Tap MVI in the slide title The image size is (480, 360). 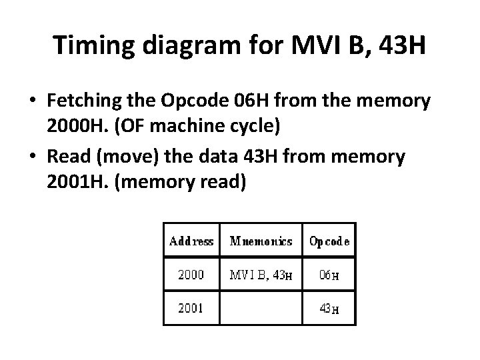coord(311,45)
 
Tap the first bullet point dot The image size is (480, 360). coord(32,103)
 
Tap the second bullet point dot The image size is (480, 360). coord(32,157)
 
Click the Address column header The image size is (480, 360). coord(191,241)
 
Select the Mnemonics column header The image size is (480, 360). coord(261,241)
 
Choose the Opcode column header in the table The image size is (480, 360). coord(329,241)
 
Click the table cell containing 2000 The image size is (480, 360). coord(191,274)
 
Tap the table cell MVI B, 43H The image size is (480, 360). coord(261,274)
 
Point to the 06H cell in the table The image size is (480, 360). coord(329,274)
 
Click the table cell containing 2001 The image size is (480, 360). coord(191,308)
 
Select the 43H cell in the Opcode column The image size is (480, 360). coord(329,308)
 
